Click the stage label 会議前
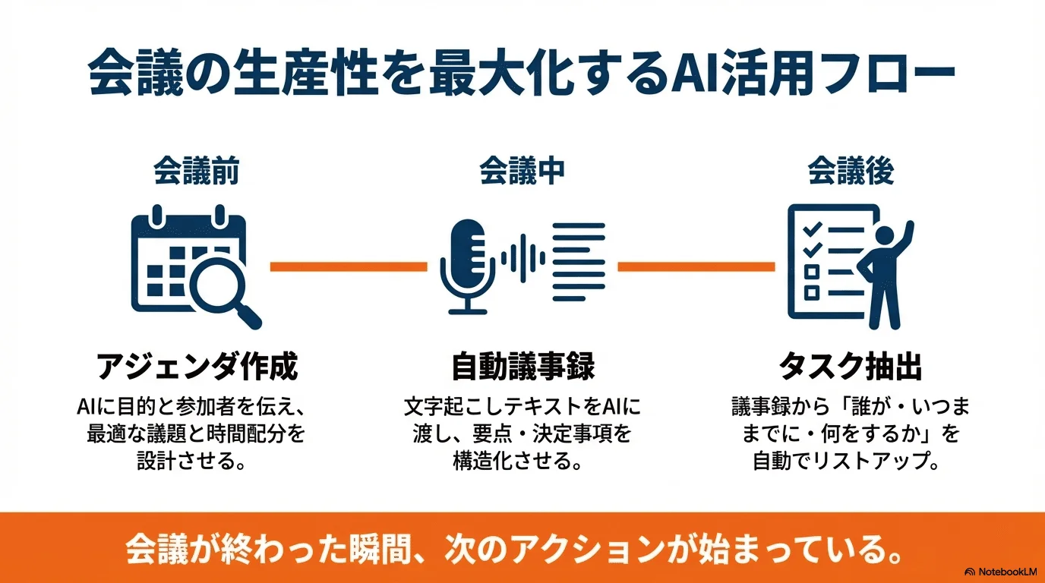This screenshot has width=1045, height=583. (x=196, y=172)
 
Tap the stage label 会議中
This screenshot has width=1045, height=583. (x=522, y=172)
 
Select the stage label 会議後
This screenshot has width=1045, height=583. (x=850, y=172)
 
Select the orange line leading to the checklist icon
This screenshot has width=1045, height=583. (x=696, y=266)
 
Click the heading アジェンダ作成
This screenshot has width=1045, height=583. (x=197, y=367)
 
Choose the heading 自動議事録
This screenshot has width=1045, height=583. (x=522, y=367)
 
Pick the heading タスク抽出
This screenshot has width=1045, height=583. (x=850, y=367)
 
